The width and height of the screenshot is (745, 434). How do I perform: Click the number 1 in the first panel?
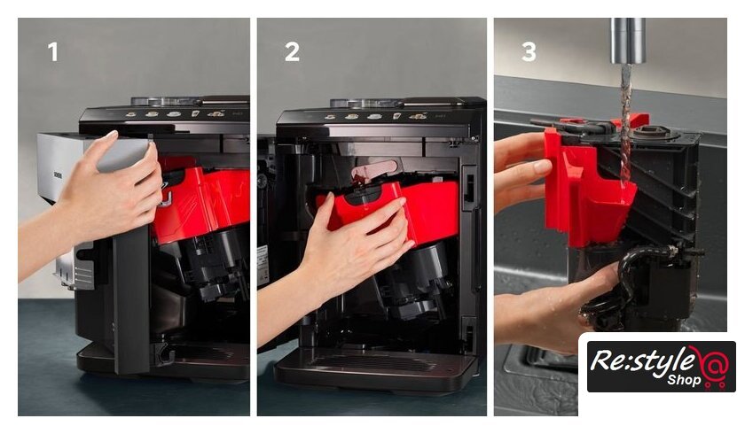pos(53,51)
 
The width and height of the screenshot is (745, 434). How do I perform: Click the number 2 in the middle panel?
pos(292,51)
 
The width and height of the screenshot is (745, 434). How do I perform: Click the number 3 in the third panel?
pos(529,51)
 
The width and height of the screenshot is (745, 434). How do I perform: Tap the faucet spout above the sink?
pos(628,41)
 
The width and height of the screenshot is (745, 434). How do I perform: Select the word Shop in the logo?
pos(684,380)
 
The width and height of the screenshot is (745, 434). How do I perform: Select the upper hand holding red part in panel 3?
pos(521,172)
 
